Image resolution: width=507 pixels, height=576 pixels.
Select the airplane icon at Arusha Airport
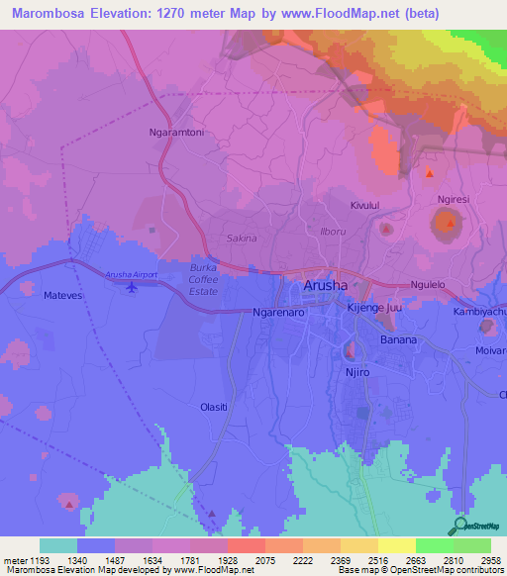pyautogui.click(x=132, y=287)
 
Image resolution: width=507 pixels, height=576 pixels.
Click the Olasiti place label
pyautogui.click(x=214, y=407)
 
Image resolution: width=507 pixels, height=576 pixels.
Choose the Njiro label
pyautogui.click(x=355, y=375)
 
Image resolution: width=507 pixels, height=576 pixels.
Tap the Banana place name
pyautogui.click(x=399, y=339)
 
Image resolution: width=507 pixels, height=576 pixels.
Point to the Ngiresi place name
pyautogui.click(x=455, y=199)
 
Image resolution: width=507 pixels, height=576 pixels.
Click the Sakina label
pyautogui.click(x=242, y=239)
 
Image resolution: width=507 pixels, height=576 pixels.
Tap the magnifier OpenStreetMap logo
pyautogui.click(x=458, y=526)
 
